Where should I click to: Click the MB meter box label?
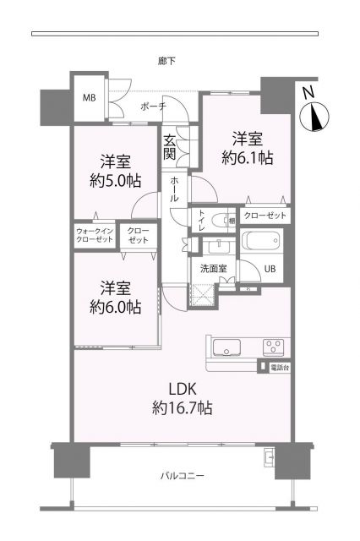click(89, 98)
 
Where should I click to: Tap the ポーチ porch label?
click(154, 107)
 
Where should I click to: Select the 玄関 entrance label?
click(169, 146)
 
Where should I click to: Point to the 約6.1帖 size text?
click(248, 158)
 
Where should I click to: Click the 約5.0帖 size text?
click(116, 180)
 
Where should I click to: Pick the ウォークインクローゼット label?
click(95, 235)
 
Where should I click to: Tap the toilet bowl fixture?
click(220, 220)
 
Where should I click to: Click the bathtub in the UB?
click(260, 240)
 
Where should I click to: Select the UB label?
click(270, 269)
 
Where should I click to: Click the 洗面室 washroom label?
click(214, 269)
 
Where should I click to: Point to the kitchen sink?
click(226, 347)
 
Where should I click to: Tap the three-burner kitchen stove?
click(274, 347)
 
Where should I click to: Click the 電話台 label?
click(280, 368)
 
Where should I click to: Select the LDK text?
click(183, 389)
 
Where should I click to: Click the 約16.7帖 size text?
click(182, 408)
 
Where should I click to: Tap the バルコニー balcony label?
click(182, 476)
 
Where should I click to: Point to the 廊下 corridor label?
click(166, 61)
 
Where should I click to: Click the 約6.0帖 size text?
click(116, 307)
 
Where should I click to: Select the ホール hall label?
click(174, 189)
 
